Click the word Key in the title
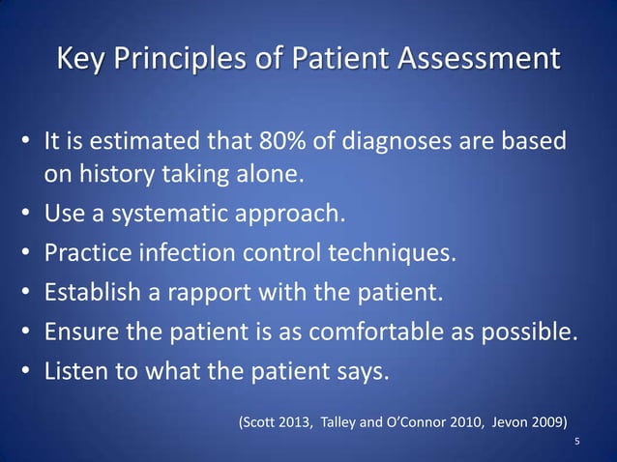pos(81,59)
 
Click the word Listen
pos(76,369)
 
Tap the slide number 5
pos(577,442)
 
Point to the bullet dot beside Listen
pos(27,370)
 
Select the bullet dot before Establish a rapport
pos(27,291)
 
